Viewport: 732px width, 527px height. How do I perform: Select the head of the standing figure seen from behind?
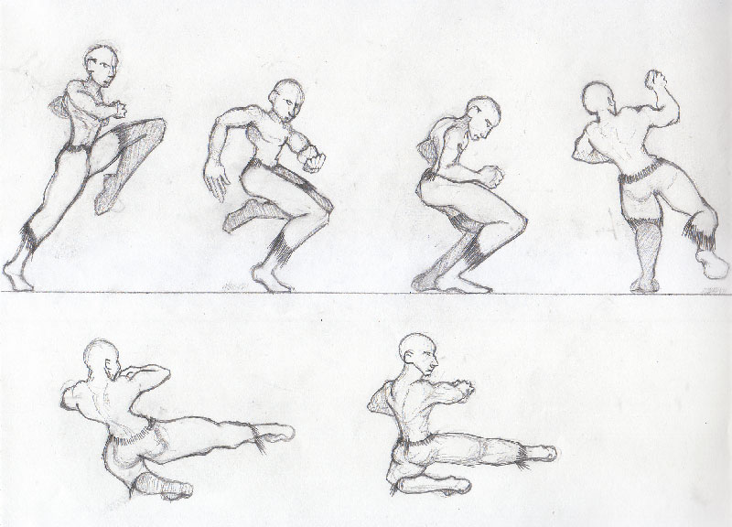tap(598, 100)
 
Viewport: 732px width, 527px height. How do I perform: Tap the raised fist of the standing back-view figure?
tap(657, 81)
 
